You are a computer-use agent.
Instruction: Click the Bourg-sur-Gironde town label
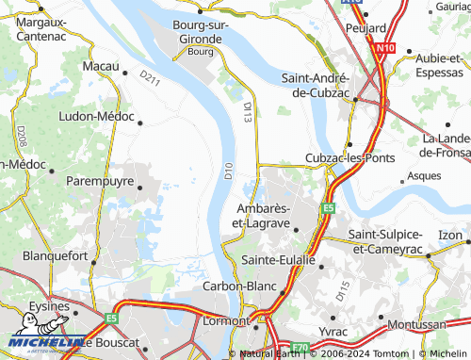pyautogui.click(x=198, y=32)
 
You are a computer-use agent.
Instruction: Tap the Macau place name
pyautogui.click(x=100, y=67)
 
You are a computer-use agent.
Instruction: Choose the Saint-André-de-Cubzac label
pyautogui.click(x=317, y=84)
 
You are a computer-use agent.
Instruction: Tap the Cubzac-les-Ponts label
pyautogui.click(x=349, y=159)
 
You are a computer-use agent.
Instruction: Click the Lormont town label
pyautogui.click(x=225, y=321)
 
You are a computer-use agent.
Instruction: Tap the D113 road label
pyautogui.click(x=248, y=113)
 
